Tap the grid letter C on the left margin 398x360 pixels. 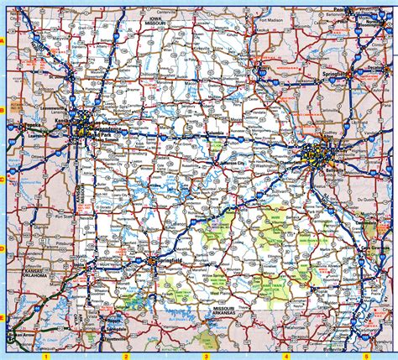point(3,179)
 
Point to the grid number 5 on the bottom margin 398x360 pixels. point(366,356)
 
